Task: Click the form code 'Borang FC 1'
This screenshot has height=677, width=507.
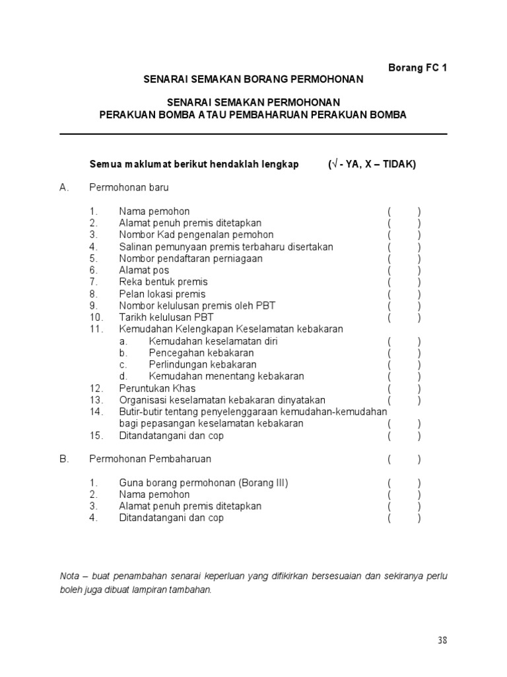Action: pyautogui.click(x=417, y=67)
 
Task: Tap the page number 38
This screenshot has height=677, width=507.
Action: pyautogui.click(x=442, y=640)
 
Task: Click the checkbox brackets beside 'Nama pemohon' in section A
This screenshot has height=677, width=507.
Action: pyautogui.click(x=404, y=212)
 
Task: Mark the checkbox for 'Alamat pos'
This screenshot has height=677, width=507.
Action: pyautogui.click(x=404, y=270)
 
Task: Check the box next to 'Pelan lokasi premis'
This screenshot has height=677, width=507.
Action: pyautogui.click(x=404, y=294)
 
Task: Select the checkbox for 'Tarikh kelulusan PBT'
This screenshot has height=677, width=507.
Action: pyautogui.click(x=404, y=317)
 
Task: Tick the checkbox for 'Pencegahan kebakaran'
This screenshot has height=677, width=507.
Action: pyautogui.click(x=404, y=353)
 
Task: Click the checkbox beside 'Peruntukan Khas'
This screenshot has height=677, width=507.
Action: pyautogui.click(x=404, y=389)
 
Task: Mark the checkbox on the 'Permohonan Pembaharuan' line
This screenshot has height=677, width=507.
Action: pyautogui.click(x=404, y=459)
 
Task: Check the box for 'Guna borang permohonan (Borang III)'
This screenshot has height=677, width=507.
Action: pyautogui.click(x=404, y=483)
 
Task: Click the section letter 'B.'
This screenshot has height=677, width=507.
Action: pyautogui.click(x=64, y=459)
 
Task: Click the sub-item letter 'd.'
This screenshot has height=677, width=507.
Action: pyautogui.click(x=123, y=377)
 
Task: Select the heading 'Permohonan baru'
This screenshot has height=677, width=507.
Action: pyautogui.click(x=129, y=188)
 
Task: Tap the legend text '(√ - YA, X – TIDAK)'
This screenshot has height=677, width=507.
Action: pyautogui.click(x=372, y=165)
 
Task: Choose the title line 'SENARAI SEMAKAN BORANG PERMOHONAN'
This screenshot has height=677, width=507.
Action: pyautogui.click(x=253, y=79)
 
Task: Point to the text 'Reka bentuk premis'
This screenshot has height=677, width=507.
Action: pyautogui.click(x=163, y=282)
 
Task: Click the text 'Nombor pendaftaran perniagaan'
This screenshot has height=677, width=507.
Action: pyautogui.click(x=191, y=259)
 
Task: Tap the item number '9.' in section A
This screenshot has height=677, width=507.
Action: pyautogui.click(x=94, y=305)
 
